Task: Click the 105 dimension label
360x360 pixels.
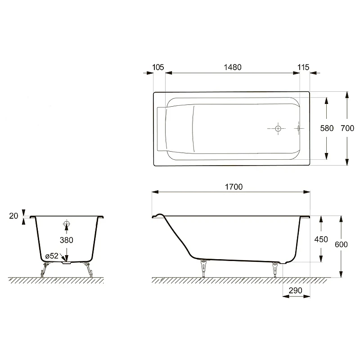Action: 158,67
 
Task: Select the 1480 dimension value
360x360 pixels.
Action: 233,67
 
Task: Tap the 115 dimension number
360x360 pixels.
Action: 303,67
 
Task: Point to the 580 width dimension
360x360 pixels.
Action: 327,128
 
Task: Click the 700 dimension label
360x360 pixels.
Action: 347,128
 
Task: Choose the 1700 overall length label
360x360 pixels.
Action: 234,187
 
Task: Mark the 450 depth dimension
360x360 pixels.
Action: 321,239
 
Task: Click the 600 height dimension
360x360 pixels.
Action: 341,244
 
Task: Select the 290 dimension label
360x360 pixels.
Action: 296,291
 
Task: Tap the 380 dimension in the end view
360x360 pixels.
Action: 66,240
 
